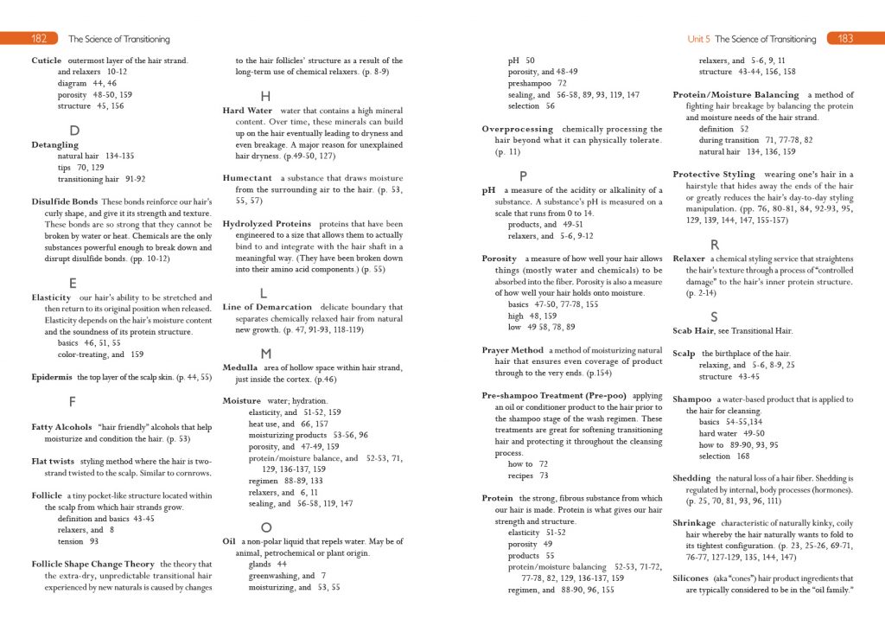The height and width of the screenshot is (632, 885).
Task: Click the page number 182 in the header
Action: coord(39,39)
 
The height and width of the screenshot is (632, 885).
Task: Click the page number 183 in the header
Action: coord(845,39)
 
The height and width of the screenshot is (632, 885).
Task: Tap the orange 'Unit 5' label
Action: coord(699,39)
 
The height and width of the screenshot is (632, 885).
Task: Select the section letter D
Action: coord(74,131)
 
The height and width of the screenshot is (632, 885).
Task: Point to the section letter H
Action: coord(265,96)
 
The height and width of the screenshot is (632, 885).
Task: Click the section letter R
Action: coord(715,245)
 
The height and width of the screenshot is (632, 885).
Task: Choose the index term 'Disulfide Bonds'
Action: coord(64,201)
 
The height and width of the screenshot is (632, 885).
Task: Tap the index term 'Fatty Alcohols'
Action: coord(60,427)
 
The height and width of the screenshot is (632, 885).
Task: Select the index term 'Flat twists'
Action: coord(53,462)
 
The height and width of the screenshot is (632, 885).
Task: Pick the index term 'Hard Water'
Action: coord(247,111)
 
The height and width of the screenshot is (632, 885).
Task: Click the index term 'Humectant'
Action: coord(248,177)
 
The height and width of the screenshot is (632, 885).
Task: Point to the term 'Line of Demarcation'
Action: coord(267,307)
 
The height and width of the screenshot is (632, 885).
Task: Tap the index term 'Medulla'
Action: coord(240,367)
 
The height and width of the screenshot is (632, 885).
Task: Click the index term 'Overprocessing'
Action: coord(518,129)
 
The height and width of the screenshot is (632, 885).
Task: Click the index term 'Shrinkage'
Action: coord(694,523)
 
